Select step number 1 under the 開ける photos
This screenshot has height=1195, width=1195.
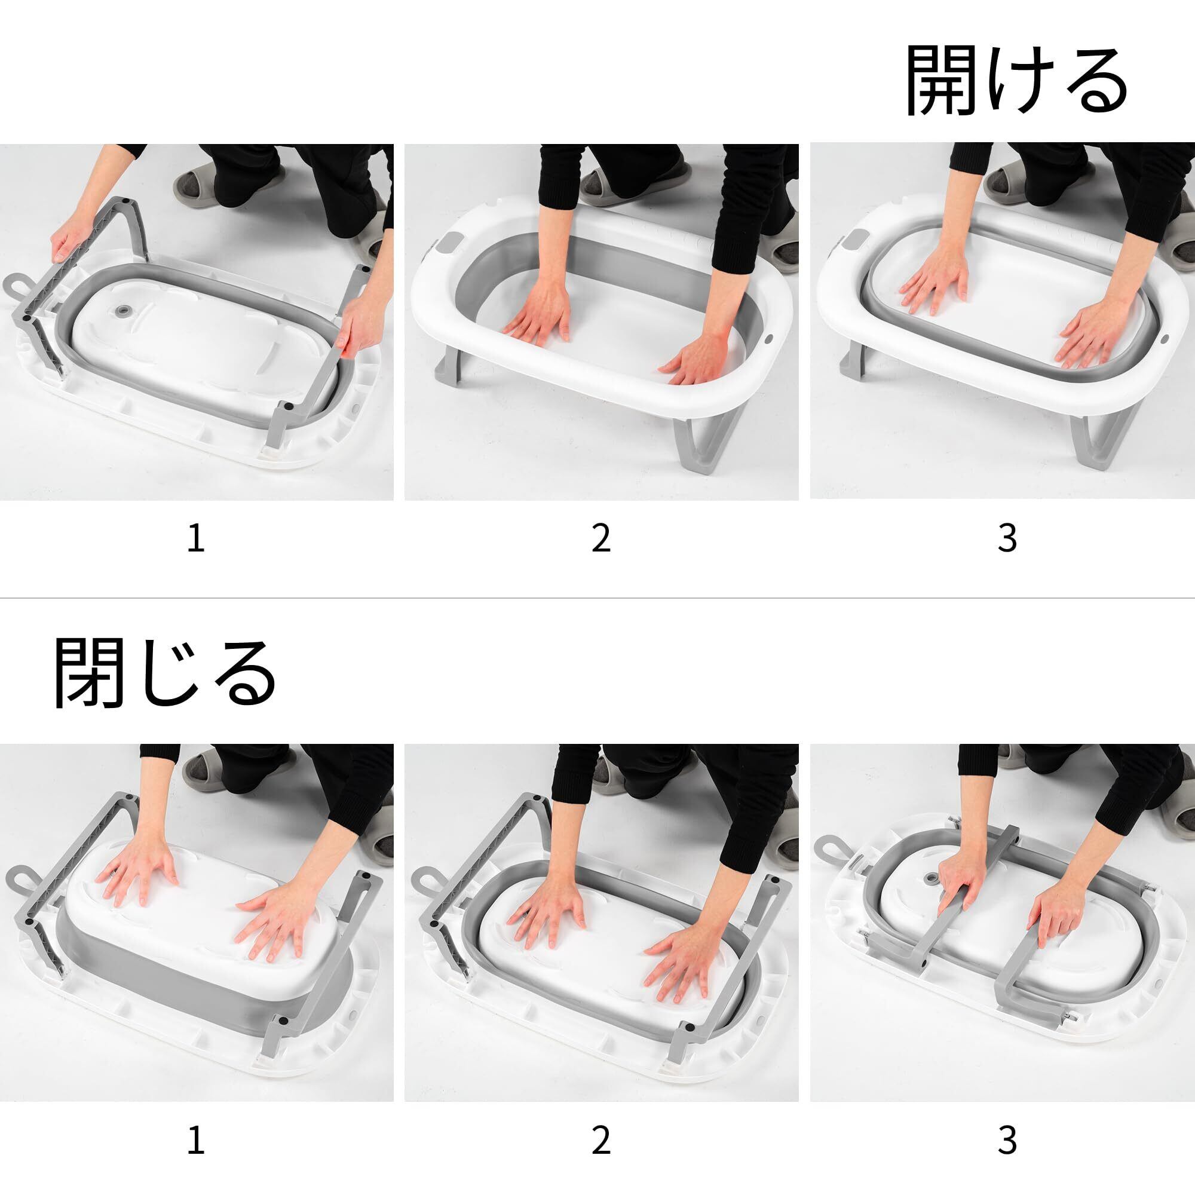click(195, 538)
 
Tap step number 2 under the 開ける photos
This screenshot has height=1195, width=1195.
click(601, 538)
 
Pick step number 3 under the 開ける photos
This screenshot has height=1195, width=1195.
click(1007, 538)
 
